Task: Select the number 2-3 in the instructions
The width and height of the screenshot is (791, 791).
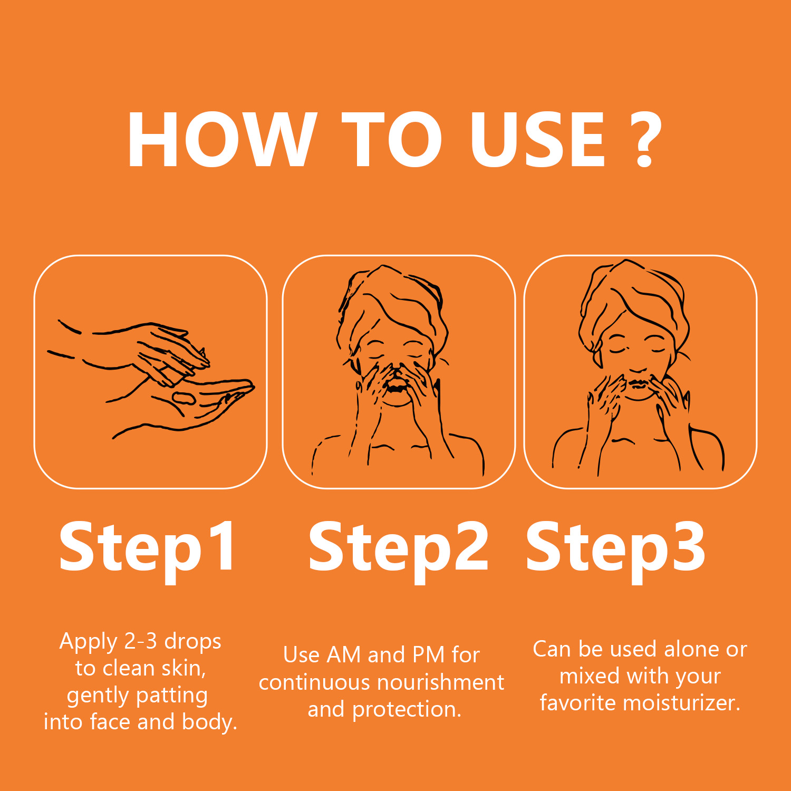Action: pos(140,641)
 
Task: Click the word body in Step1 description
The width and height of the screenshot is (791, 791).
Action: pos(209,722)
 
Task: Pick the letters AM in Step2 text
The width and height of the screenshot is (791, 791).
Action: pos(343,655)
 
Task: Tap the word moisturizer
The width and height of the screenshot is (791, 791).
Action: pos(681,703)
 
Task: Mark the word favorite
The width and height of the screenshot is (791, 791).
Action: pos(578,703)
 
